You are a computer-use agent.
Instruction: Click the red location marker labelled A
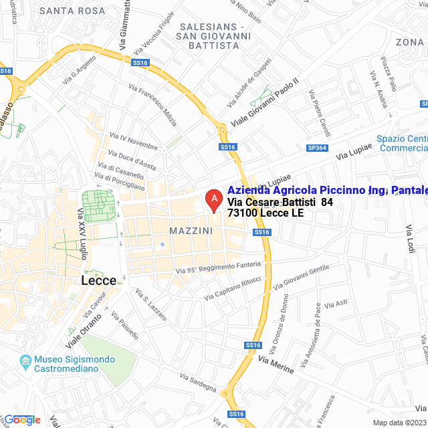click(213, 199)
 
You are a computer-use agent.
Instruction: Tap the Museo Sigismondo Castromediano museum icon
click(25, 363)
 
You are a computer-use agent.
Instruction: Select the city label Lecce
click(98, 280)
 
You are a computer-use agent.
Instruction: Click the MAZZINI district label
click(191, 231)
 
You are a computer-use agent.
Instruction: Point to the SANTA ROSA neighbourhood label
click(72, 11)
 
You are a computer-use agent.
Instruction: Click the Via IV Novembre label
click(133, 142)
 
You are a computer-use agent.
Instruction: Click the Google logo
click(21, 419)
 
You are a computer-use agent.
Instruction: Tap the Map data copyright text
click(399, 423)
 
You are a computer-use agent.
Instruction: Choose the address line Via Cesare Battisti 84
click(280, 202)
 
